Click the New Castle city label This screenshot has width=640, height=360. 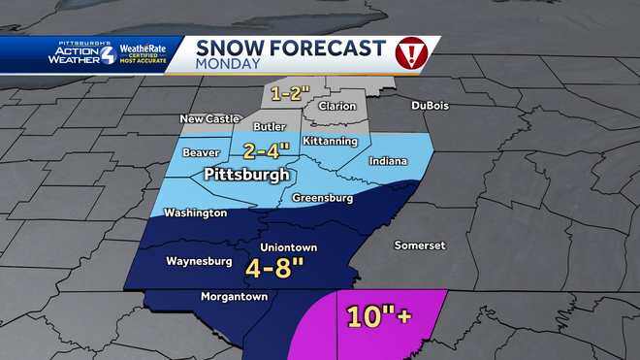pyautogui.click(x=208, y=118)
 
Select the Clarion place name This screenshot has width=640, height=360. pyautogui.click(x=336, y=106)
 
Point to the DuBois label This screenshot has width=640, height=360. pyautogui.click(x=431, y=105)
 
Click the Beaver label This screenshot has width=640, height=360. pyautogui.click(x=202, y=153)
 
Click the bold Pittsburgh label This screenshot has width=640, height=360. pyautogui.click(x=247, y=176)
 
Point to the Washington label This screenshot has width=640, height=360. pyautogui.click(x=195, y=213)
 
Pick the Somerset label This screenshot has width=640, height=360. pyautogui.click(x=419, y=245)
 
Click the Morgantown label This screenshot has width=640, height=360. pyautogui.click(x=234, y=296)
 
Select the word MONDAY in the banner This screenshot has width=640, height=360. pyautogui.click(x=228, y=64)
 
